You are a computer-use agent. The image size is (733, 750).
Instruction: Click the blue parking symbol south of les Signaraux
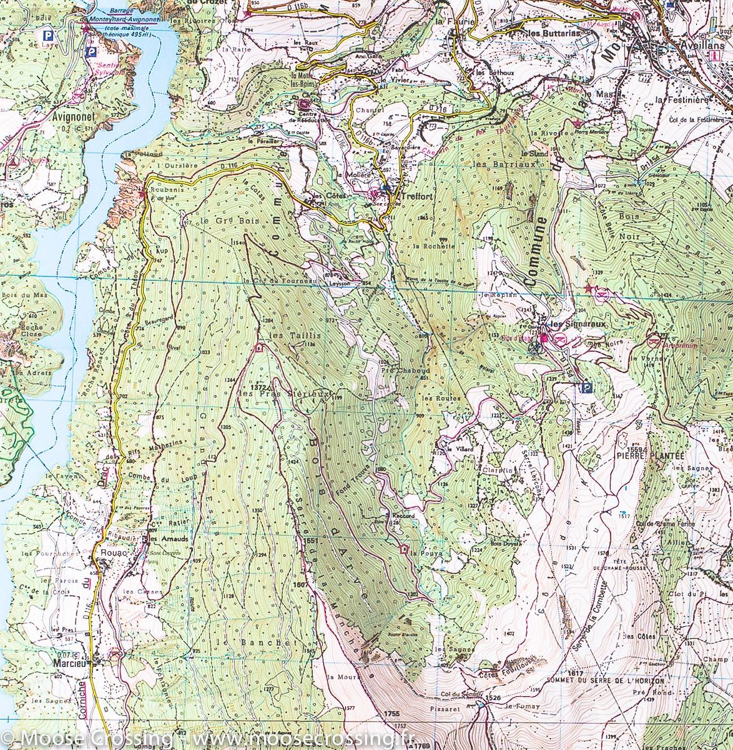pos(586,389)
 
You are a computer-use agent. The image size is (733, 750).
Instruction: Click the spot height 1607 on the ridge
pos(300,584)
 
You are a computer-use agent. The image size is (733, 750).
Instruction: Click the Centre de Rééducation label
pos(305,117)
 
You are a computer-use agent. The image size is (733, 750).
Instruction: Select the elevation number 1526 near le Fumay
pos(493,697)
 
